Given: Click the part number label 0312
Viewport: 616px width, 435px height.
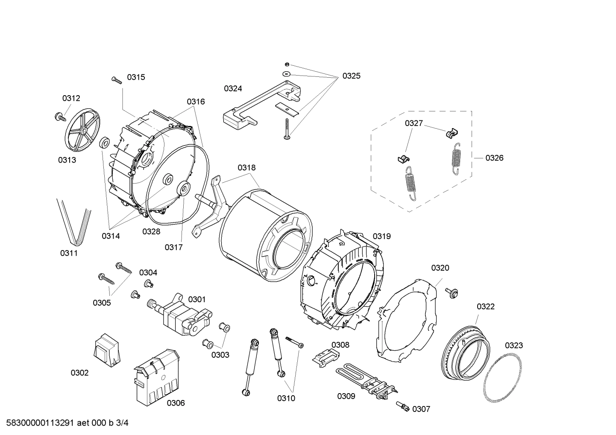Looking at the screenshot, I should pyautogui.click(x=71, y=98).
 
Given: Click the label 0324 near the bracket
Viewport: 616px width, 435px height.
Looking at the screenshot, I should pyautogui.click(x=233, y=88).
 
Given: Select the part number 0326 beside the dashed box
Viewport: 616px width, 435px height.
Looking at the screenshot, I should pyautogui.click(x=494, y=158).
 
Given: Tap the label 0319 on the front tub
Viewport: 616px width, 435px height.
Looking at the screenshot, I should pyautogui.click(x=381, y=236).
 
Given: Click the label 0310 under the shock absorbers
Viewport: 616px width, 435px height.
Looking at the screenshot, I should pyautogui.click(x=286, y=398).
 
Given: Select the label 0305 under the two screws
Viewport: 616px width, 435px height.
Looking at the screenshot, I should pyautogui.click(x=102, y=303).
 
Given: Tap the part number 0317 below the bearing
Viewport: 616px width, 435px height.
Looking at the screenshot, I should pyautogui.click(x=173, y=247).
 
